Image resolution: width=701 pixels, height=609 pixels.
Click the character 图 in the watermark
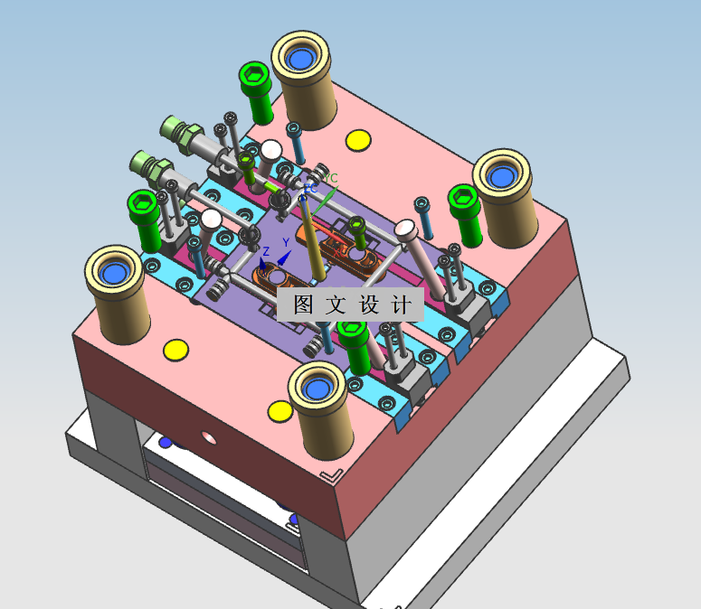(x=303, y=304)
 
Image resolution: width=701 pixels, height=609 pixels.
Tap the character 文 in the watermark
(x=336, y=304)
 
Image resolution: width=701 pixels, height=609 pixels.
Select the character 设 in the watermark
(x=369, y=304)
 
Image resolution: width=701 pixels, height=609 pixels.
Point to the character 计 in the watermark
(x=401, y=304)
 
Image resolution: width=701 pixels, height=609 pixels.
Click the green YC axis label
(x=331, y=178)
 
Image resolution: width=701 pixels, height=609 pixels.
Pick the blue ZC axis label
(x=311, y=189)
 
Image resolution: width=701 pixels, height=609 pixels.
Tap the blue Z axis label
(x=266, y=251)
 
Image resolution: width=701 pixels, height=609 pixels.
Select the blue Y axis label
(x=286, y=242)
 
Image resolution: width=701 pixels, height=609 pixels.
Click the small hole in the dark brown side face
(x=209, y=437)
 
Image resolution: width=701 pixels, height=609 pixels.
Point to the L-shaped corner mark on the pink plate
(x=332, y=476)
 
